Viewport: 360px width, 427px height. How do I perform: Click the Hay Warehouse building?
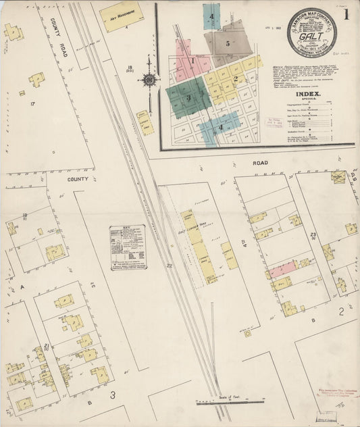pyautogui.click(x=122, y=17)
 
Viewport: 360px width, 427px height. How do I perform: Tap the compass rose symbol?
pyautogui.click(x=149, y=80)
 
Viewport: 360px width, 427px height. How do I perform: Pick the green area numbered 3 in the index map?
pyautogui.click(x=188, y=97)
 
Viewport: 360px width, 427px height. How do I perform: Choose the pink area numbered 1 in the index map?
pyautogui.click(x=192, y=60)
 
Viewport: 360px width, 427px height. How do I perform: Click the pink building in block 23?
pyautogui.click(x=282, y=270)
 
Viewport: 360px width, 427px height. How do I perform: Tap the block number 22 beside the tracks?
pyautogui.click(x=170, y=266)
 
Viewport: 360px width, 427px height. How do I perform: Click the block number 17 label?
pyautogui.click(x=32, y=103)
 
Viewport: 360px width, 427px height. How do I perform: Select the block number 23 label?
pyautogui.click(x=313, y=235)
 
